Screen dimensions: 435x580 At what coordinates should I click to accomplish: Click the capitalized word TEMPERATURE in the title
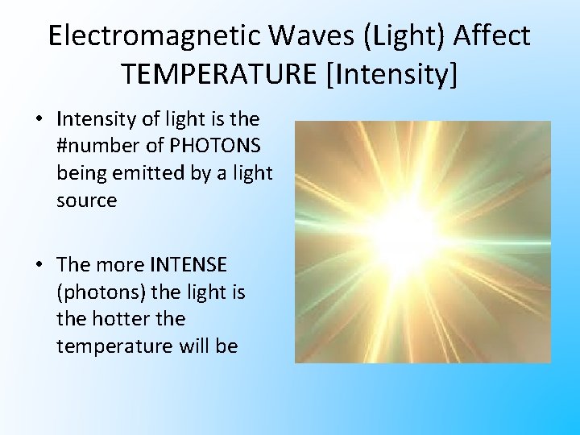[219, 74]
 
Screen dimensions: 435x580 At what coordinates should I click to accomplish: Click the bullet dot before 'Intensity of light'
[39, 119]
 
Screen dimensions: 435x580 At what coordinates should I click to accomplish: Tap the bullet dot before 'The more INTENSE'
[39, 264]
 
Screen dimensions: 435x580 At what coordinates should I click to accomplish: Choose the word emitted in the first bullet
[143, 174]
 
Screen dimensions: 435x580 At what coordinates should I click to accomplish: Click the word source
[86, 201]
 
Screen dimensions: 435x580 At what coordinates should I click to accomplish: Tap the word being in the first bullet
[79, 174]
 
